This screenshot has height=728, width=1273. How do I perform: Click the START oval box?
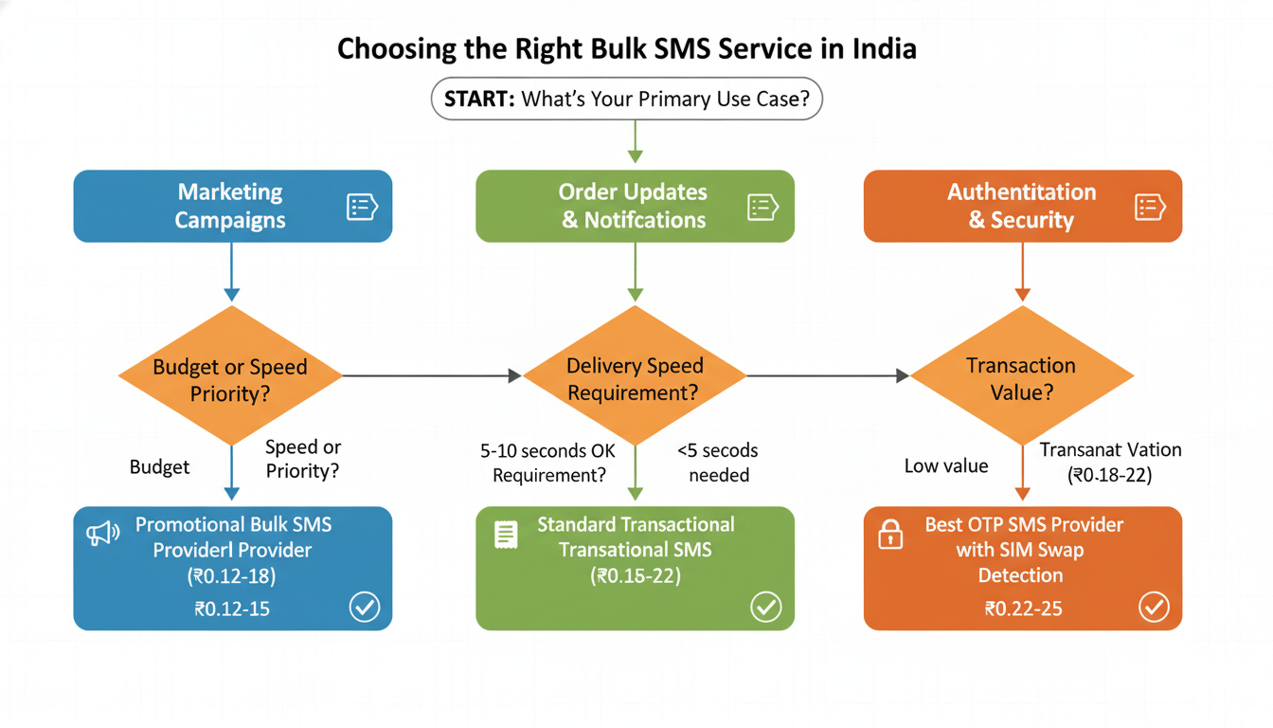(626, 100)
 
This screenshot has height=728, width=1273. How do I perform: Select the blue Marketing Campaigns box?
(232, 206)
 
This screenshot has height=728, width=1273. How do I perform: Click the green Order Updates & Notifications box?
(635, 206)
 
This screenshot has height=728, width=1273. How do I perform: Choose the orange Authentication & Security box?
(1022, 206)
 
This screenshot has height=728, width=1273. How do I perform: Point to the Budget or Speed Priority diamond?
(230, 376)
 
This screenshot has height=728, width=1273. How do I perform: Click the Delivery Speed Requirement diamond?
(635, 376)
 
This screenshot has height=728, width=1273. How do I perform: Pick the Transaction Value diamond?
(1021, 376)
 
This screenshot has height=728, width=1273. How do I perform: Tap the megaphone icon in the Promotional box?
(102, 534)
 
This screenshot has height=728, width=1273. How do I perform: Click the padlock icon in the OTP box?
(890, 535)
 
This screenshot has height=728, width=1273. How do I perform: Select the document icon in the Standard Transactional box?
(506, 535)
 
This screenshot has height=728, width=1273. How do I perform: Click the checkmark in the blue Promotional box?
(365, 607)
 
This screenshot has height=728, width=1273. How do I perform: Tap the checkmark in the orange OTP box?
(1154, 607)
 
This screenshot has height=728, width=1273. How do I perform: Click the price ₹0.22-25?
(1022, 609)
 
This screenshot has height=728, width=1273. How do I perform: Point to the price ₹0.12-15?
(232, 609)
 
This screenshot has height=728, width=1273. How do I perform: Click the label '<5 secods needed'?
(718, 463)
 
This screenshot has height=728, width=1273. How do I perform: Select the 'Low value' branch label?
(946, 466)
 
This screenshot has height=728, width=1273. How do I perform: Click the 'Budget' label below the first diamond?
(159, 467)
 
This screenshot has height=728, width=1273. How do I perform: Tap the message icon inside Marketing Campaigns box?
(362, 207)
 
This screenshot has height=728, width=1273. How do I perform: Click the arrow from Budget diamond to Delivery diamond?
(431, 376)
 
